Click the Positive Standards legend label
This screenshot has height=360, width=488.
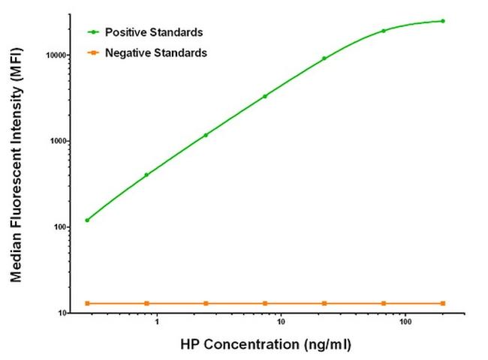click(x=154, y=33)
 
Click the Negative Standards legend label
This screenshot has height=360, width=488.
click(x=156, y=52)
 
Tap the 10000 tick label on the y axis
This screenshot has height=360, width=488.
click(x=56, y=55)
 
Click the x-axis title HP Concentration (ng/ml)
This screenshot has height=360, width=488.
click(x=265, y=346)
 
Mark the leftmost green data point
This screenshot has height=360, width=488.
click(x=87, y=220)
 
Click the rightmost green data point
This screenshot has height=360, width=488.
click(x=443, y=21)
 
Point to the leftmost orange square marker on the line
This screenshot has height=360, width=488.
click(x=87, y=303)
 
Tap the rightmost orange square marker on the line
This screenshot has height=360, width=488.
click(x=443, y=303)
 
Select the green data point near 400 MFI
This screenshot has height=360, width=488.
click(x=146, y=175)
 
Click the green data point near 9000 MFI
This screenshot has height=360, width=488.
click(x=324, y=58)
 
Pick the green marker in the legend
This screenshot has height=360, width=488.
click(x=94, y=33)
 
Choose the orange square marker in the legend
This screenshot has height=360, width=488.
click(x=94, y=52)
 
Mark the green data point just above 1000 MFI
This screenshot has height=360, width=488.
click(x=206, y=135)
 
